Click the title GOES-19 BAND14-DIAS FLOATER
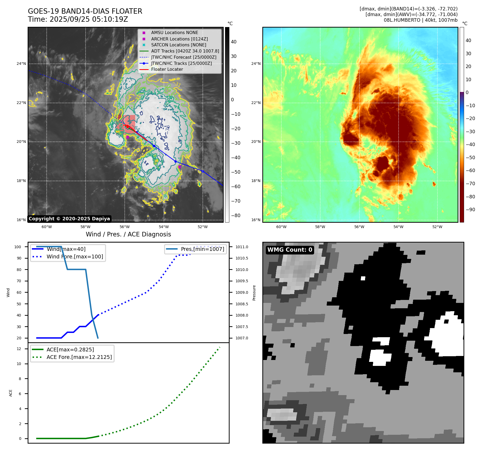pos(85,11)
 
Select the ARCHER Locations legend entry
pos(179,39)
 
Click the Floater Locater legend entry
pos(167,69)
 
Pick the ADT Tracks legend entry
pos(185,51)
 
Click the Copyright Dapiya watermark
pos(69,219)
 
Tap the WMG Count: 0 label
pos(290,250)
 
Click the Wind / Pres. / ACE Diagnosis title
pos(128,234)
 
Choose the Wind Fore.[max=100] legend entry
pos(75,257)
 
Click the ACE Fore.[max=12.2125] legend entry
pos(79,357)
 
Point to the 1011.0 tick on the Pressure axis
pos(242,247)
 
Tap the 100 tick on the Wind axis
pos(18,247)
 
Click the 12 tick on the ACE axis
pos(19,349)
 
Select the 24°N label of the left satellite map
pos(21,64)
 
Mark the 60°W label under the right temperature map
pos(281,227)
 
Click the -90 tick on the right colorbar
pos(470,210)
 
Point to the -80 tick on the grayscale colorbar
pos(236,216)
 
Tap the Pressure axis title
pos(254,292)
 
